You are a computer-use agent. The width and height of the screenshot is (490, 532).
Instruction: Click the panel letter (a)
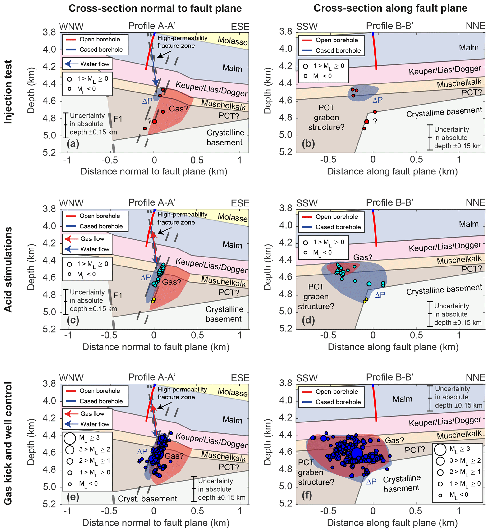(x=73, y=143)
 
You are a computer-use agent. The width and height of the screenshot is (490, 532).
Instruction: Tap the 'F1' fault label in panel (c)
(x=118, y=295)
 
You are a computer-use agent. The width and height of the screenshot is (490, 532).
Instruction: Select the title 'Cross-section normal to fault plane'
(x=155, y=9)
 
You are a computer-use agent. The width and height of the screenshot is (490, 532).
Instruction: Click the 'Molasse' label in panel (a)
(x=233, y=41)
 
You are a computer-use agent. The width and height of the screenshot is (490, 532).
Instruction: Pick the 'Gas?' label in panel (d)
(x=363, y=257)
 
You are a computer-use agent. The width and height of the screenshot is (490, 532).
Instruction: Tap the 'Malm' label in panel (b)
(x=469, y=48)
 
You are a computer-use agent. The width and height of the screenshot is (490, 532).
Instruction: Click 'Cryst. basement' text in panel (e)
(x=147, y=499)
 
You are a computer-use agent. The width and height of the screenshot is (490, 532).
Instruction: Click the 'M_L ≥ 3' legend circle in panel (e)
(x=70, y=438)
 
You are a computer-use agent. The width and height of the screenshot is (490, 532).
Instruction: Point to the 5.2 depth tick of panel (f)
(x=286, y=503)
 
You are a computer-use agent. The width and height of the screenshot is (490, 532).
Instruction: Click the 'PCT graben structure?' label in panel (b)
(x=326, y=118)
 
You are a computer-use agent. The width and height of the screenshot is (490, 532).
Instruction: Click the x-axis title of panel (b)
(x=392, y=172)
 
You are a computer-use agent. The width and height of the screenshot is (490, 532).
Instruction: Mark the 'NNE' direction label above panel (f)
(x=475, y=377)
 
